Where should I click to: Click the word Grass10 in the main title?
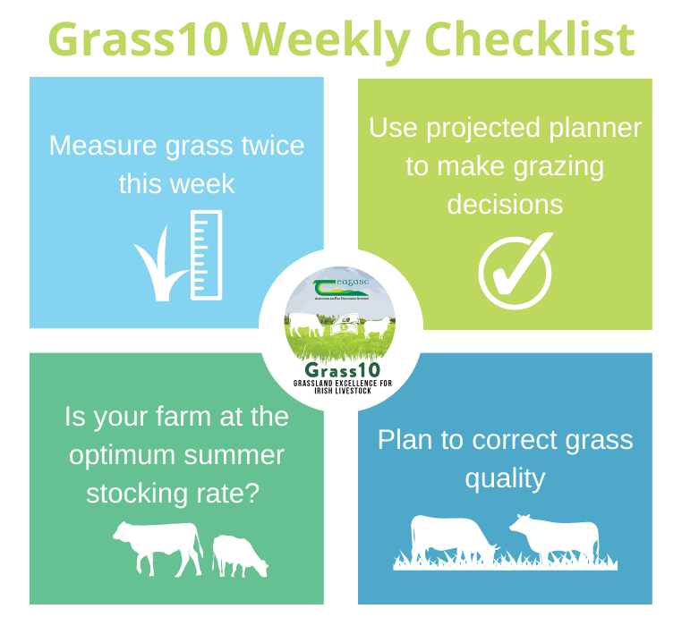pos(137,38)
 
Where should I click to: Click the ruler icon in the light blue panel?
pos(207,255)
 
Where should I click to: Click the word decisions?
pos(505,204)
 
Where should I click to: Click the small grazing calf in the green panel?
pos(240,554)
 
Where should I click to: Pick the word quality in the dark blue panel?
pos(505,478)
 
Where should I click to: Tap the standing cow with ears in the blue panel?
pos(556,538)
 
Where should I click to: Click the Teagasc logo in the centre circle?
pos(340,289)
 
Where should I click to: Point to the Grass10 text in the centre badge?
pos(341,370)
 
